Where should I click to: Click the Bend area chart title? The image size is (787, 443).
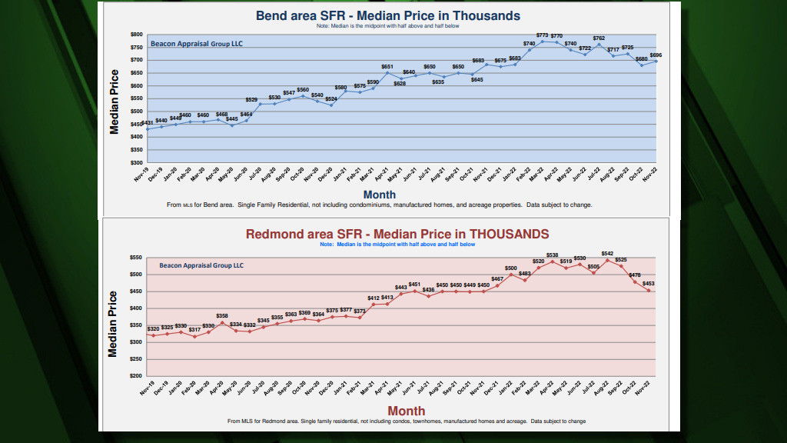coord(387,15)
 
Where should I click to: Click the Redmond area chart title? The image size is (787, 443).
coord(397,234)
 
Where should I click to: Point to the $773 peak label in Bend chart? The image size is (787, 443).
coord(543,35)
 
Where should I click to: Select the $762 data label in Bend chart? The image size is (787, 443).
coord(599,38)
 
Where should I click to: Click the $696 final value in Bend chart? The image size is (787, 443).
coord(656,56)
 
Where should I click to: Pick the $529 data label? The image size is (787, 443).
coord(251,99)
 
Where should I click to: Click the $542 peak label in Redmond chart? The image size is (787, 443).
coord(608,254)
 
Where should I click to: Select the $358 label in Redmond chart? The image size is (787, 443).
coord(222,316)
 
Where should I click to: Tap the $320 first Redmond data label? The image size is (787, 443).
coord(154,329)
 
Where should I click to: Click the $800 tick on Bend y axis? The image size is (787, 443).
coord(137,35)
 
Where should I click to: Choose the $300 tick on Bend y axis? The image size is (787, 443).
coord(137,163)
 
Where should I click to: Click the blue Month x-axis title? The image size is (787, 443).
coord(380,195)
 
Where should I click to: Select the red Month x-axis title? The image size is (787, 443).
coord(406,411)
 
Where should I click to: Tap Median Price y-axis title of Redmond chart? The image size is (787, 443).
coord(114,323)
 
